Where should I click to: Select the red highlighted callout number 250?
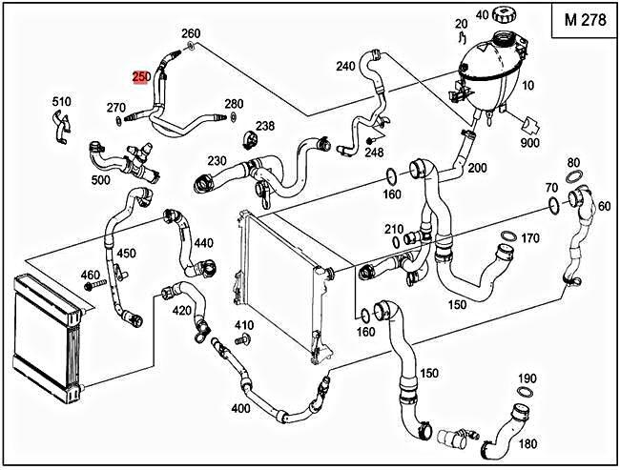pos(140,76)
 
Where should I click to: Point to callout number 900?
pos(530,143)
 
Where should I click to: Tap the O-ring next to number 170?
pos(508,236)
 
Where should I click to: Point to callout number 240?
pos(345,67)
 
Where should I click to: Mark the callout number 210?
pos(394,230)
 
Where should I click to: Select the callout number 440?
pos(203,244)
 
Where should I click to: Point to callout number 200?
pos(477,168)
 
